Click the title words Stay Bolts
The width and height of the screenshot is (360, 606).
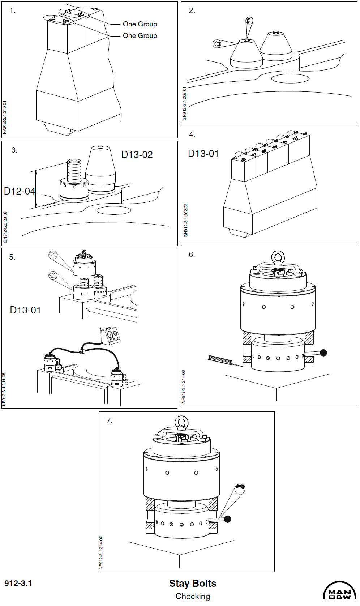193,583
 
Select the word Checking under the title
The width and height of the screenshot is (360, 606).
193,596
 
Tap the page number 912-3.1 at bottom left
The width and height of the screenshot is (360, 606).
18,583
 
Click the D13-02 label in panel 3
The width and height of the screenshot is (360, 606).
137,155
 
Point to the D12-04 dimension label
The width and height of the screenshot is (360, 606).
19,191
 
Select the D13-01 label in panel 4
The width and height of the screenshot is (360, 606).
203,154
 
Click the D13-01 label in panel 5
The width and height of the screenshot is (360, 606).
25,310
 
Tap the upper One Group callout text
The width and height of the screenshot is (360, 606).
140,24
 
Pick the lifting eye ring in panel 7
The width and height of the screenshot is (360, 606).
181,422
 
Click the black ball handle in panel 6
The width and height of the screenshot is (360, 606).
323,353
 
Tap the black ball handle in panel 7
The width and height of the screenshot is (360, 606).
227,519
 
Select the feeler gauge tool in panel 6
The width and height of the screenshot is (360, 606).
219,360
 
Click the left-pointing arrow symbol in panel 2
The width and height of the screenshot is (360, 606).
217,44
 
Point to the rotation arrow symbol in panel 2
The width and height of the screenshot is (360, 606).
249,21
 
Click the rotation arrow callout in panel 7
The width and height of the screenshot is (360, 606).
240,489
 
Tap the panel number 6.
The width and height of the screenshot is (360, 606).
192,255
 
